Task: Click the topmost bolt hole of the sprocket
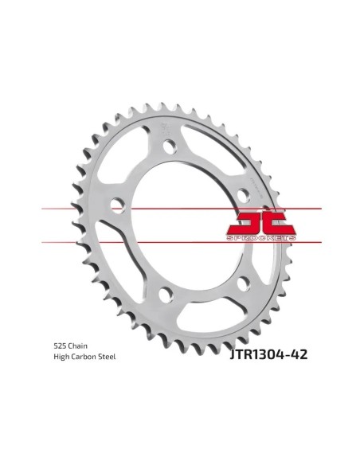(x=170, y=147)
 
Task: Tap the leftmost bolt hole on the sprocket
(x=118, y=205)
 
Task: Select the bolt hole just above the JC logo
(x=244, y=195)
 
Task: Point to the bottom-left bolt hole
(x=166, y=295)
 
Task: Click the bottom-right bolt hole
(x=244, y=283)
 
